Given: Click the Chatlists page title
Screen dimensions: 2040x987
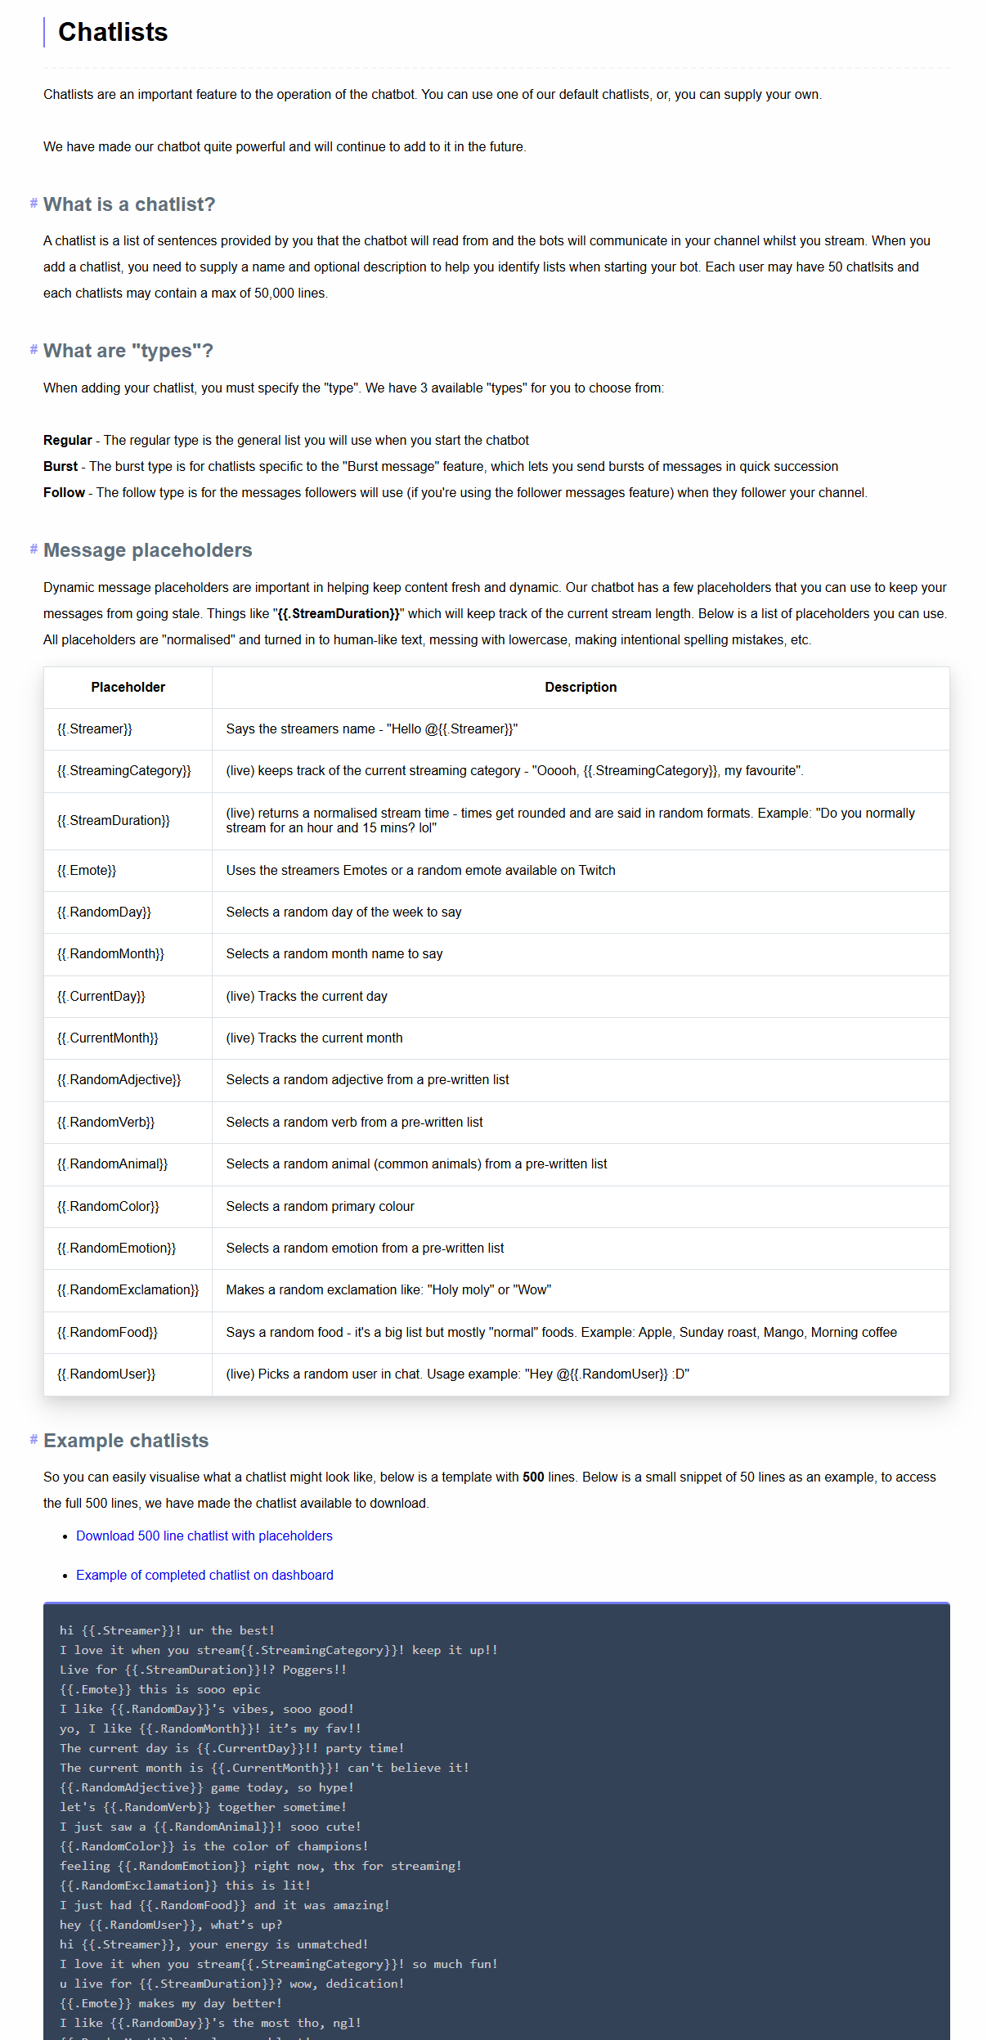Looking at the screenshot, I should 113,32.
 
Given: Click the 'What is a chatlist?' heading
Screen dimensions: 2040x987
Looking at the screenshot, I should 129,204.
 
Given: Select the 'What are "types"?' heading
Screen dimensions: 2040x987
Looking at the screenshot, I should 128,351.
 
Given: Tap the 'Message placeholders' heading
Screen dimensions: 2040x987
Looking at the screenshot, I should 147,550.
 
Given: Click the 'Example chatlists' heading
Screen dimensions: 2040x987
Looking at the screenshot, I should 126,1441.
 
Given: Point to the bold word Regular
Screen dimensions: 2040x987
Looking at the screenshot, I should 68,441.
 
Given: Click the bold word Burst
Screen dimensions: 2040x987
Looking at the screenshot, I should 61,467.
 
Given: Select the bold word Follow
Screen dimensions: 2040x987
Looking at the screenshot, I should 64,493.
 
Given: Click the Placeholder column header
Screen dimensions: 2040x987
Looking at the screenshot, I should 128,688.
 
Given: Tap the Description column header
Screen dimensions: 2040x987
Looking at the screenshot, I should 581,688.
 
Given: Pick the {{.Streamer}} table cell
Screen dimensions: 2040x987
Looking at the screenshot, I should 95,729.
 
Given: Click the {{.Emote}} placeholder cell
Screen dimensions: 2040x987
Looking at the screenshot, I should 87,871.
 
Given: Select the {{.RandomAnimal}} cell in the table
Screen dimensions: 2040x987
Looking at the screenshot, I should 112,1164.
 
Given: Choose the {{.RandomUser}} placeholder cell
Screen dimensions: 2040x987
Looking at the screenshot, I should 106,1374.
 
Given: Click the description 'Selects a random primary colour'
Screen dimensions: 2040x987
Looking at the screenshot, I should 320,1207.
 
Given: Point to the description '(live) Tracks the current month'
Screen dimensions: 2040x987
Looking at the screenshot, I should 314,1038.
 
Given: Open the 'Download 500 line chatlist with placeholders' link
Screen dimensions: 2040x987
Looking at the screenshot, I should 204,1536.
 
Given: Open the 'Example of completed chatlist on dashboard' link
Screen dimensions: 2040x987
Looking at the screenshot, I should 204,1576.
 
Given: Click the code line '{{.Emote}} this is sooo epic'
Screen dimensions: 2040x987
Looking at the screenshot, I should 160,1689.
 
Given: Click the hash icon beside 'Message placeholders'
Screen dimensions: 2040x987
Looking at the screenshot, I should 34,549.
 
